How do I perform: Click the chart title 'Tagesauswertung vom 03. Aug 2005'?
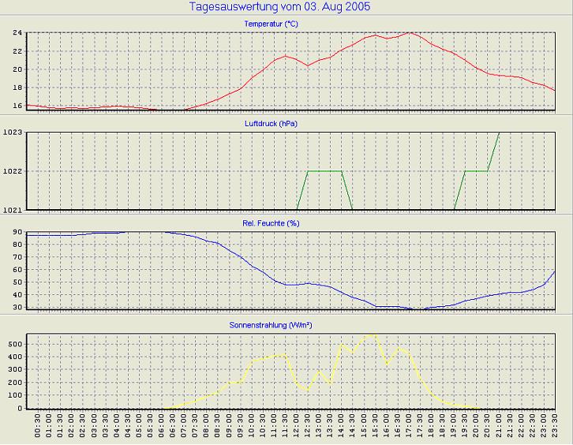click(x=280, y=7)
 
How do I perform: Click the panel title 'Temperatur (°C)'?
click(x=271, y=24)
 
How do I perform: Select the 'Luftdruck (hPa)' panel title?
click(x=271, y=124)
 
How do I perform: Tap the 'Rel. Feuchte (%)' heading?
click(x=271, y=223)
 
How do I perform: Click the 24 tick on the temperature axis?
click(x=17, y=33)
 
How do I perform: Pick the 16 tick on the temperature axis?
click(x=17, y=105)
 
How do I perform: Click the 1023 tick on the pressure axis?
click(x=13, y=133)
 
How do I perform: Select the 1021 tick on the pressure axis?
click(x=13, y=210)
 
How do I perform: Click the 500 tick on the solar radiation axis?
click(x=14, y=344)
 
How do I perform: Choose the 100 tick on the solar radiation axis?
click(x=14, y=395)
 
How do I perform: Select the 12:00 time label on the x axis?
click(x=297, y=429)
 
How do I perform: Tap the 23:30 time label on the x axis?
click(x=555, y=429)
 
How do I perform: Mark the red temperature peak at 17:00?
click(x=409, y=33)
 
